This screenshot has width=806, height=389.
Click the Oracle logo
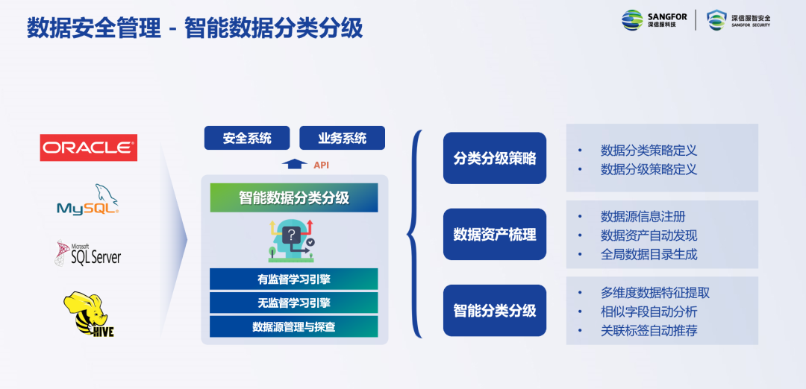(x=88, y=148)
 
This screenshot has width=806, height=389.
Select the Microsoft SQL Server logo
(x=87, y=253)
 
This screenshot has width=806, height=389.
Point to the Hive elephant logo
(x=88, y=314)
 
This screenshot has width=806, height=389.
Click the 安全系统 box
(x=247, y=138)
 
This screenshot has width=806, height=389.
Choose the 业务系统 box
(x=342, y=138)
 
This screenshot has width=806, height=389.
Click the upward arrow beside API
(x=295, y=164)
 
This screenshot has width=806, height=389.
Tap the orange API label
(x=321, y=165)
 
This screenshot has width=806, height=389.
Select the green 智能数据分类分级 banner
(x=294, y=197)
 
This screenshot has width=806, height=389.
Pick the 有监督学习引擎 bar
(x=294, y=279)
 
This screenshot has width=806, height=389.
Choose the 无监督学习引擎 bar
(x=294, y=303)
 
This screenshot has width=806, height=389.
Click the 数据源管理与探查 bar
(x=294, y=326)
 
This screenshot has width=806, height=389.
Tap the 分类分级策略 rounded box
(x=495, y=158)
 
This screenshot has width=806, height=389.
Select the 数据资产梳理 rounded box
(x=495, y=234)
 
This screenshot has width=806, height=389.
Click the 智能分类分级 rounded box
(x=495, y=311)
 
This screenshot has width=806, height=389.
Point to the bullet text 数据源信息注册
(x=643, y=217)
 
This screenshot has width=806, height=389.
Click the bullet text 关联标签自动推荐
(x=649, y=330)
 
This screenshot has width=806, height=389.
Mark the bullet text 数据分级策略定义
(x=649, y=169)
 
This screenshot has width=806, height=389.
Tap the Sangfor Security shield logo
(x=716, y=20)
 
